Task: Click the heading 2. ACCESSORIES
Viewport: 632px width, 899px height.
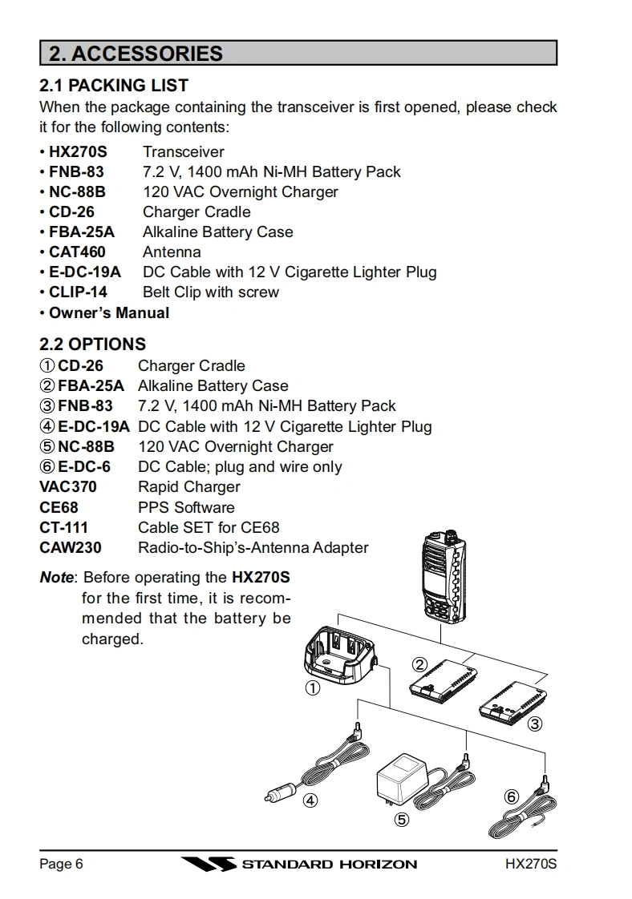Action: pos(136,54)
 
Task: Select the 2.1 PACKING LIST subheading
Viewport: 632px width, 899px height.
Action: pos(114,85)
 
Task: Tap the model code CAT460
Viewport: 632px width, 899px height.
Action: pos(77,252)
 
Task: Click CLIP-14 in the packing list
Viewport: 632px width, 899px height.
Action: pos(78,292)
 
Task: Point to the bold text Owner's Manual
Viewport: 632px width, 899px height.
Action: pos(109,312)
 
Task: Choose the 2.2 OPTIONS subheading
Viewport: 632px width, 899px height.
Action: pos(93,345)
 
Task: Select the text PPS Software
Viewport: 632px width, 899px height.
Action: pos(186,507)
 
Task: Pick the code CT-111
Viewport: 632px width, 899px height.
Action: pos(64,527)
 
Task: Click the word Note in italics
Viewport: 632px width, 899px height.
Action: pos(56,577)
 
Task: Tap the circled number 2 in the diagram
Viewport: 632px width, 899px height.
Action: pos(419,663)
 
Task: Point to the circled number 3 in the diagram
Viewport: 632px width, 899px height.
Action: pos(535,724)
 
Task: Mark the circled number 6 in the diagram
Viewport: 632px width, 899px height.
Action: pos(512,796)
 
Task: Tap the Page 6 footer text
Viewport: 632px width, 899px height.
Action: pos(61,865)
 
